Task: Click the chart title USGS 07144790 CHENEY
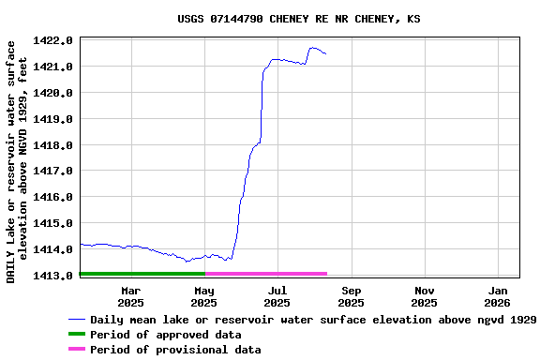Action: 298,19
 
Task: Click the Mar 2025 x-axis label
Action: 130,296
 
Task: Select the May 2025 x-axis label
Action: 203,296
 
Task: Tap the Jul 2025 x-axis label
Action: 277,296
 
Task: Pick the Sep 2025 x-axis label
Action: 351,296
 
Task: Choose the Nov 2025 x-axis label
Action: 424,296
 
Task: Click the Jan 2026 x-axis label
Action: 497,296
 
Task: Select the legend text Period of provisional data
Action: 175,350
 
